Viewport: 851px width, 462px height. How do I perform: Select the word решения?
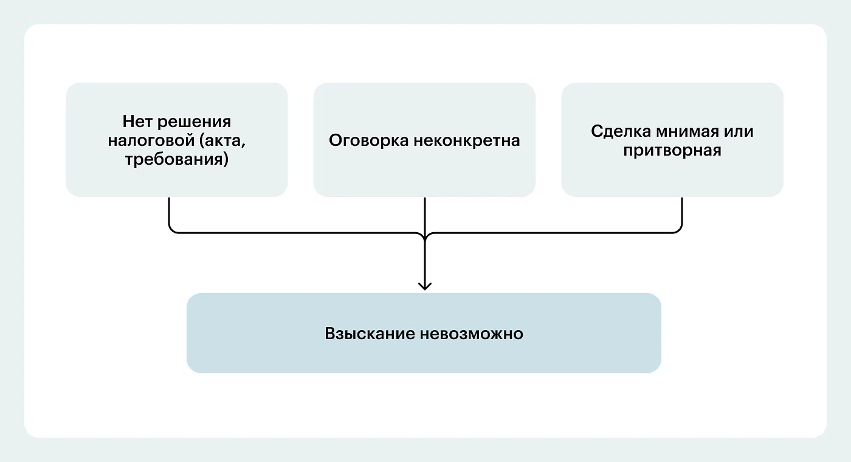click(x=195, y=121)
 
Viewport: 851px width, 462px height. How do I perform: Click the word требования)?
click(x=176, y=160)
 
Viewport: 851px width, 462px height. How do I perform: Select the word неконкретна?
click(x=467, y=140)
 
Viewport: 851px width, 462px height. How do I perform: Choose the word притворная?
click(x=672, y=151)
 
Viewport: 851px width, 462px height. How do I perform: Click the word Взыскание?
click(x=370, y=334)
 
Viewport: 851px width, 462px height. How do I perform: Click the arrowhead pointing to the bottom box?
click(x=425, y=285)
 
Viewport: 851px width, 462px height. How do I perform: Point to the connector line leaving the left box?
click(x=168, y=213)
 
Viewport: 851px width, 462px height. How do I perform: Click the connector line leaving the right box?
click(x=682, y=213)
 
